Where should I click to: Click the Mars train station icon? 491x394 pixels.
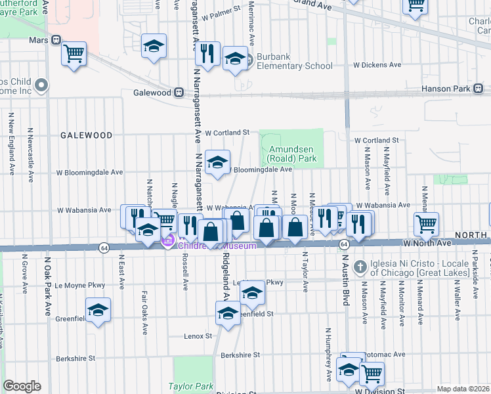pos(56,39)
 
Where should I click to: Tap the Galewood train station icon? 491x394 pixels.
pos(179,93)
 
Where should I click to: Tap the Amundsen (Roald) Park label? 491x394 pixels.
pos(292,154)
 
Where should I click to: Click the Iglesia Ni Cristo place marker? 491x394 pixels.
pos(359,267)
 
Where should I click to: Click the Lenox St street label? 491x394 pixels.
pos(198,336)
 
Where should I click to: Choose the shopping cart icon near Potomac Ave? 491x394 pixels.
pos(372,373)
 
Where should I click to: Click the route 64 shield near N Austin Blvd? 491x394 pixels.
pos(343,244)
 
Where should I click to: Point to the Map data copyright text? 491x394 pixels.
pos(463,389)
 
